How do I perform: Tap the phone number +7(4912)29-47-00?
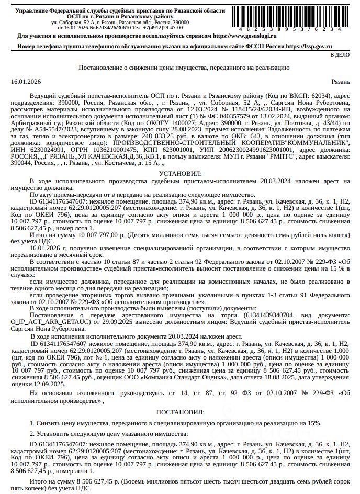click(x=160, y=27)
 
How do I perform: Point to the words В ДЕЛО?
click(x=339, y=54)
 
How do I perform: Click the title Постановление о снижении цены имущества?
click(x=179, y=68)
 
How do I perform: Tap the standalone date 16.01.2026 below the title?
click(x=25, y=82)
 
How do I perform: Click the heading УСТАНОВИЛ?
click(x=179, y=173)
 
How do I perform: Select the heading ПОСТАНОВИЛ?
click(x=179, y=412)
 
